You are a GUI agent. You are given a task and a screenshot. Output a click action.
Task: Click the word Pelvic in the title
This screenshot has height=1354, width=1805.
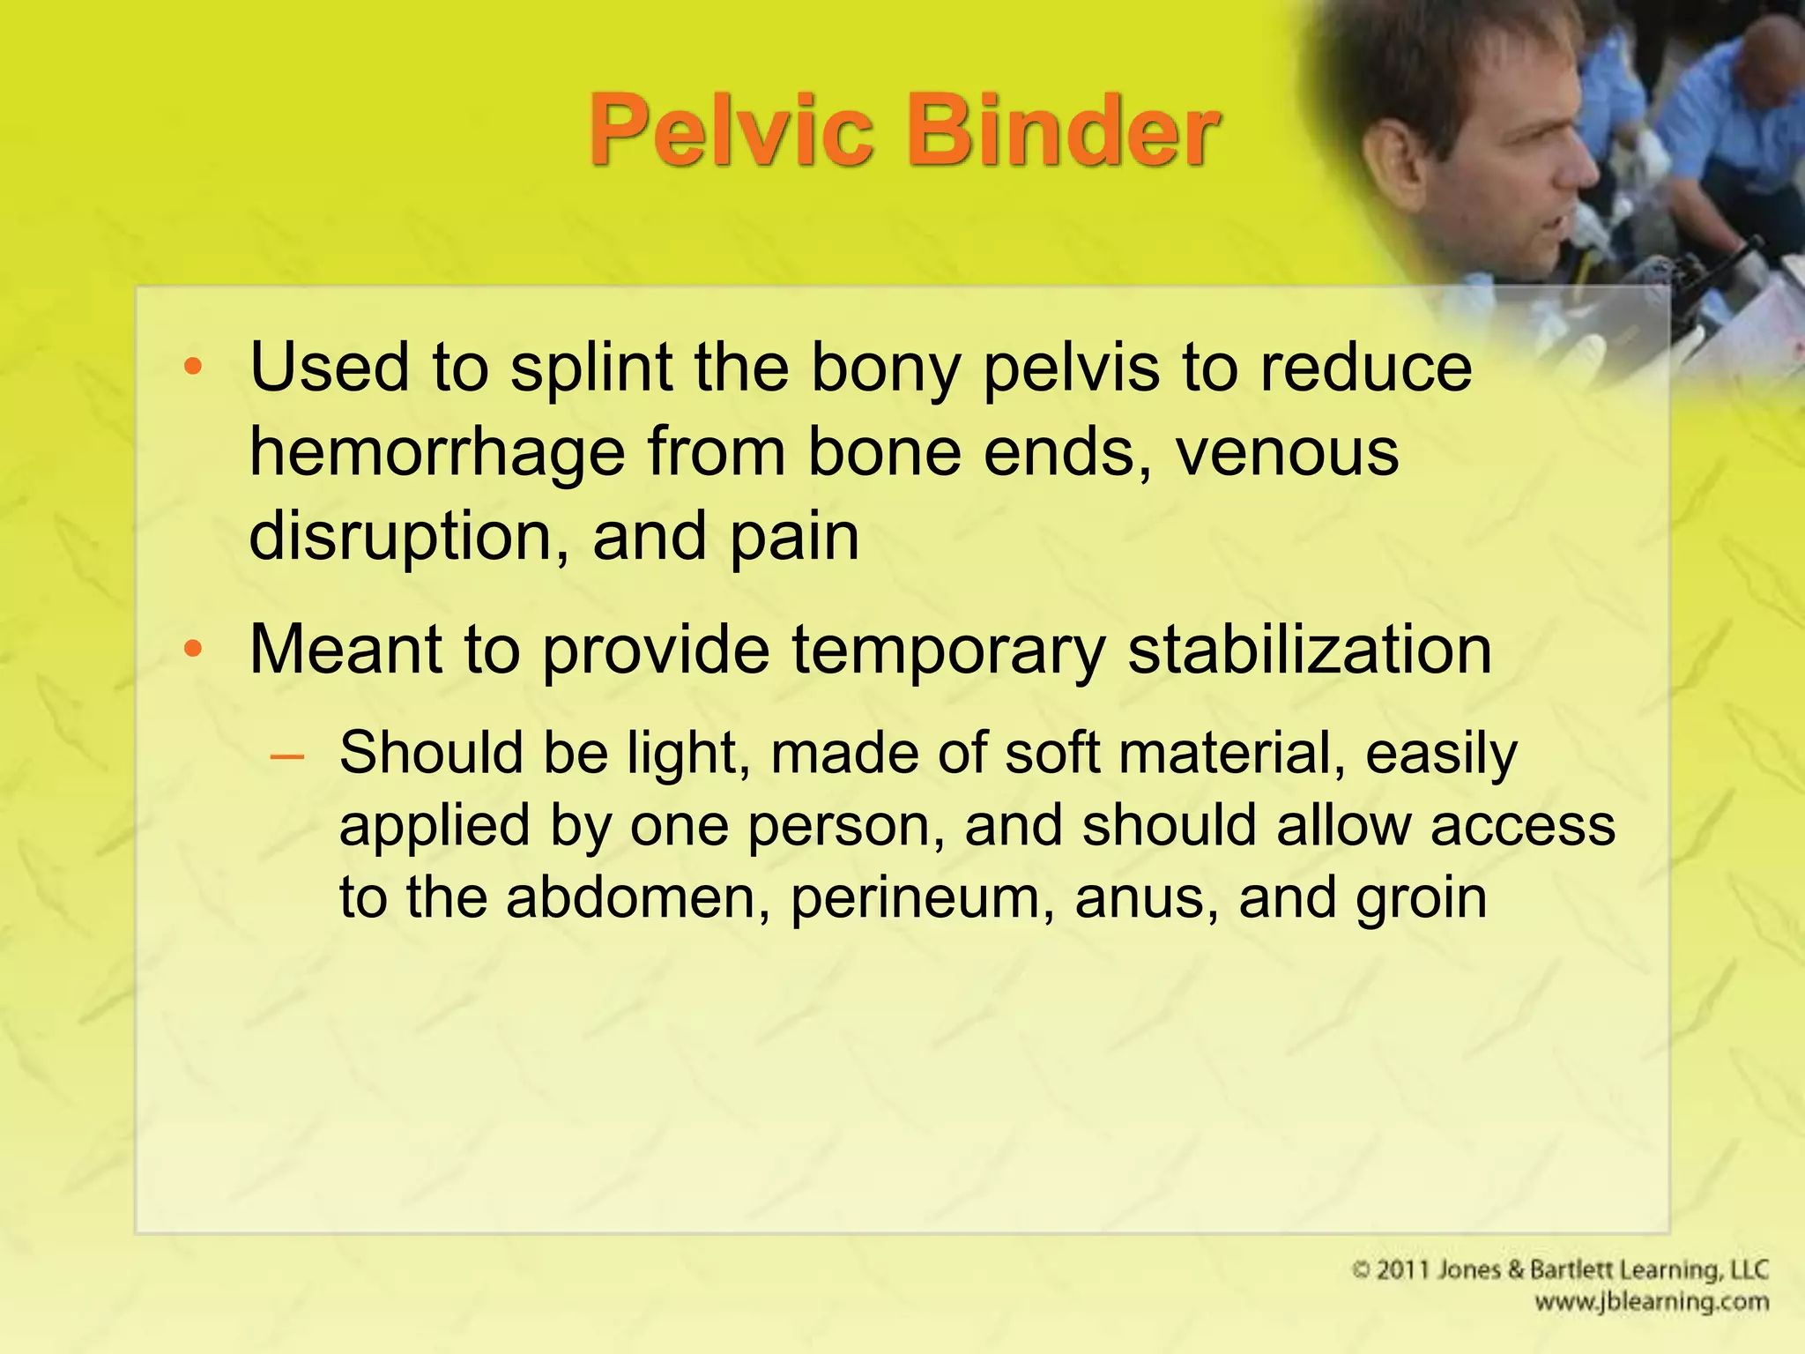click(732, 132)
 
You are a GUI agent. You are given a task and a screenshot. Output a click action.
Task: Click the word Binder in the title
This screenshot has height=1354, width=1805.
click(1069, 132)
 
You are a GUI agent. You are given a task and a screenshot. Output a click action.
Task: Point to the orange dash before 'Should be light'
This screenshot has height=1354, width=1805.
click(287, 756)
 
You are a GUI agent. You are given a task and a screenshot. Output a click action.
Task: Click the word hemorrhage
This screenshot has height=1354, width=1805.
click(436, 453)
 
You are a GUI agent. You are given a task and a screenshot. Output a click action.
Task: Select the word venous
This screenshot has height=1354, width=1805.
click(1287, 453)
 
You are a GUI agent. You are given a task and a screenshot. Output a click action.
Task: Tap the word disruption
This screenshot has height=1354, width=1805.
click(409, 538)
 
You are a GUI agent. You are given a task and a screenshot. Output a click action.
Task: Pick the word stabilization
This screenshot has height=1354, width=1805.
click(1310, 650)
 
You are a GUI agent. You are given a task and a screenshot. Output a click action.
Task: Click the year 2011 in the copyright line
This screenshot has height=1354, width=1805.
click(1405, 1270)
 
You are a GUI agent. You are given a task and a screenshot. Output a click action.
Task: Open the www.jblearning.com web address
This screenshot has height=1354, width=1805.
click(1651, 1302)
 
